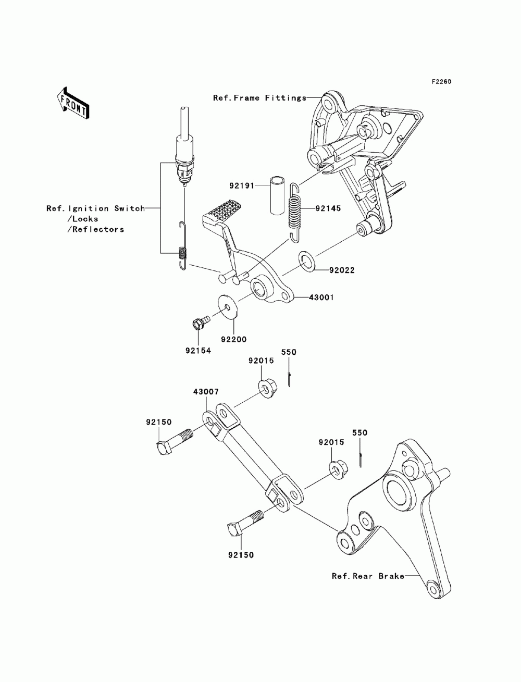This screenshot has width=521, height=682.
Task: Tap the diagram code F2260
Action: (x=441, y=82)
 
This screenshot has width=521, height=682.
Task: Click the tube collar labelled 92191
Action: (x=277, y=195)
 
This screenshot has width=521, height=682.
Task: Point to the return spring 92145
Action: (x=295, y=213)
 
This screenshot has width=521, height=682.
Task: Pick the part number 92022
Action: (x=342, y=270)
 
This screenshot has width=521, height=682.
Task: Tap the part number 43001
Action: (x=321, y=297)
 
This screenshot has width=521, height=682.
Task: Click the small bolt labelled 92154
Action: (x=201, y=323)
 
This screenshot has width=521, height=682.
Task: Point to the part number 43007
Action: (x=206, y=392)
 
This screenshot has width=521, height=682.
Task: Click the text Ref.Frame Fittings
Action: (x=260, y=98)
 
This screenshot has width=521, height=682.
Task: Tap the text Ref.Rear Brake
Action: (x=368, y=576)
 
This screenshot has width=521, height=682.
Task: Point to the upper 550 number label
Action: (x=289, y=352)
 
